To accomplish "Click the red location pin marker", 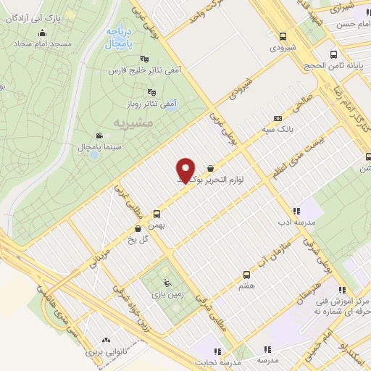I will point(186,170).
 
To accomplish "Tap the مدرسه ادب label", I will point(296,222).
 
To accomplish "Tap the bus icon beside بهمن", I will point(156,214).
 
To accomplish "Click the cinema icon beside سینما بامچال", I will point(99,136).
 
